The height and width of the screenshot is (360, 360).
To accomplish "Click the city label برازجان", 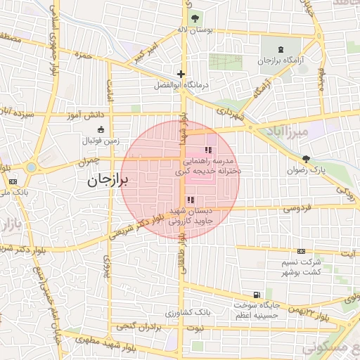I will coord(109,180).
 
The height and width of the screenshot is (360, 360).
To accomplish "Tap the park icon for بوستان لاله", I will coord(194,18).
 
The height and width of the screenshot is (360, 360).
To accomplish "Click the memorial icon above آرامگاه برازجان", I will coord(280,49).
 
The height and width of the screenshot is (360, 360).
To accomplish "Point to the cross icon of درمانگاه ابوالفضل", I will coord(181,74).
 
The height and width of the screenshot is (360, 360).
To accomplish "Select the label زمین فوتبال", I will coord(102,141).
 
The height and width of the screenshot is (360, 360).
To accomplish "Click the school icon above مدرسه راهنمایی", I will coord(207,150).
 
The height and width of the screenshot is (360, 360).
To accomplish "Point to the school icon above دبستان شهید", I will coord(191,200).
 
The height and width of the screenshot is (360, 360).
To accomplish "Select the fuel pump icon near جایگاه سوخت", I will coord(255,295).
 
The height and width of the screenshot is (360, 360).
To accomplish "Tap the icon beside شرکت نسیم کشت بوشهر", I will coord(302,251).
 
